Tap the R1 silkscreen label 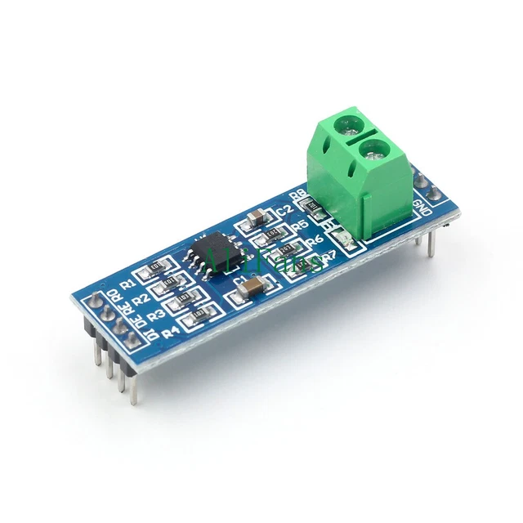127,282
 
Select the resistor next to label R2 169,283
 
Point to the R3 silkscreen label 156,315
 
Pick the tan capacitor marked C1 254,286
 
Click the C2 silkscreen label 284,211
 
